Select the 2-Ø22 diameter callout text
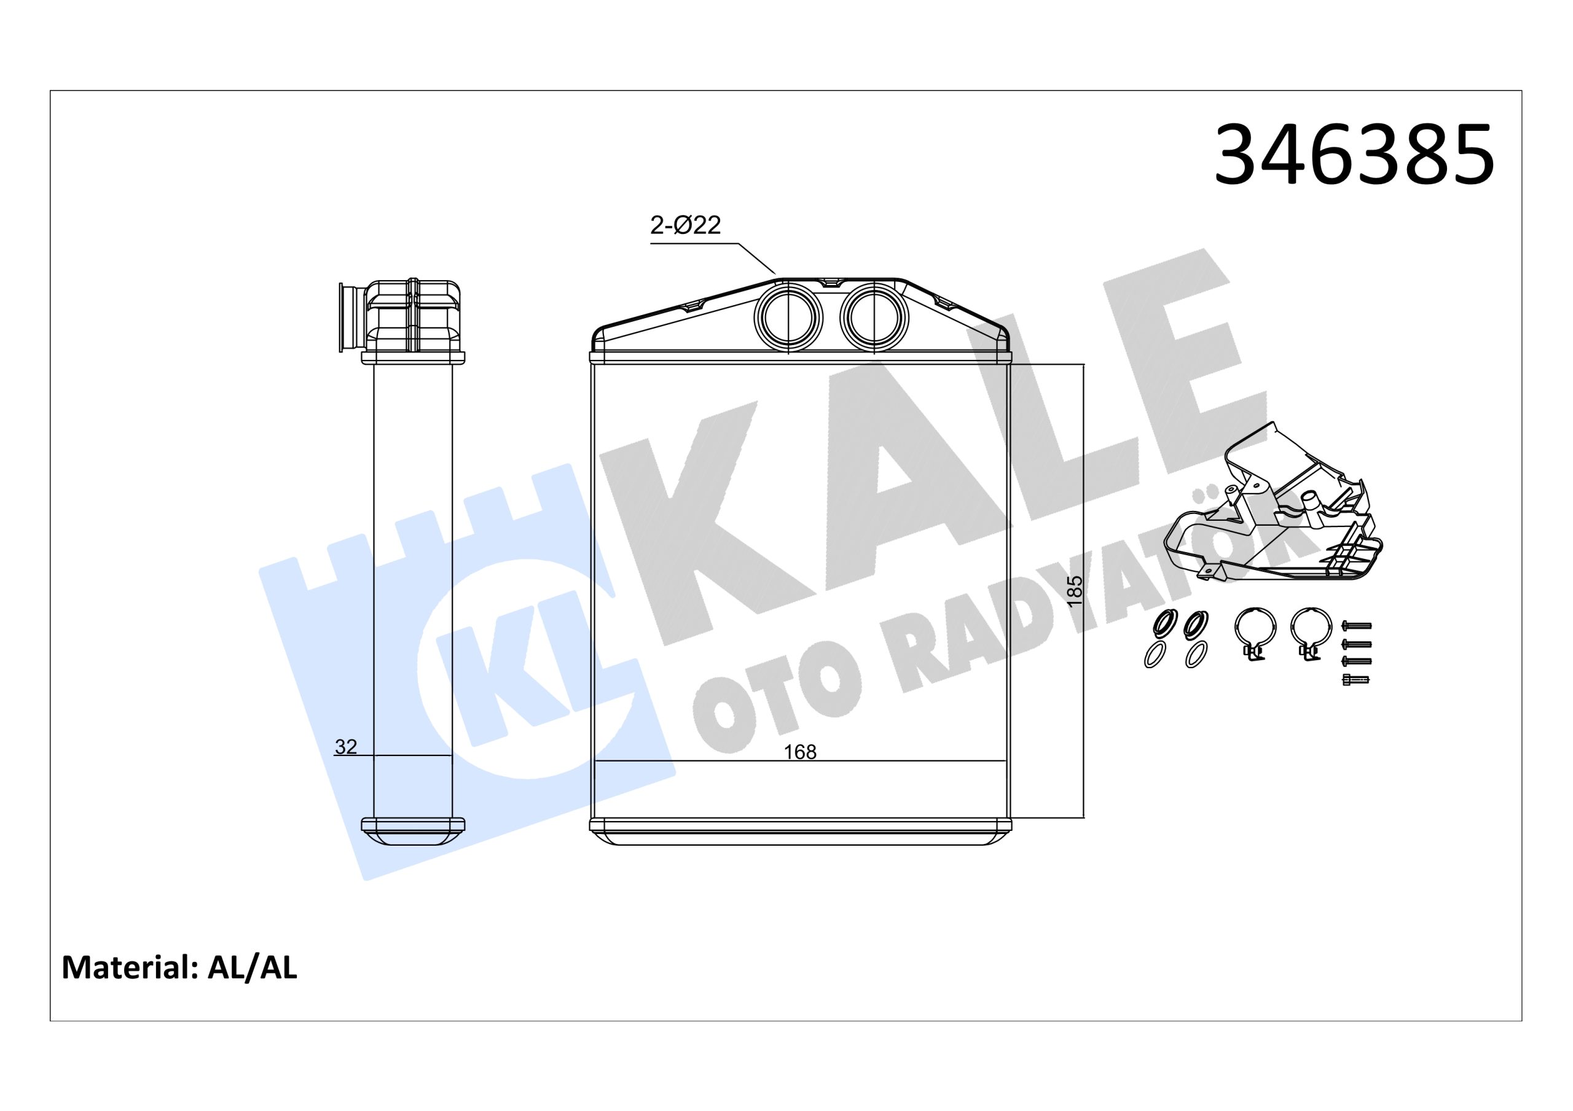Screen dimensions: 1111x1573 tap(685, 225)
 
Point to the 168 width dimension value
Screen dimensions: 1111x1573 tap(799, 752)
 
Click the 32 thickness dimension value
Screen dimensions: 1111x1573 tap(346, 747)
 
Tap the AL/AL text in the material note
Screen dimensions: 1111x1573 tap(252, 968)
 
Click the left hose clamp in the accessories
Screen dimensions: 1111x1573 tap(1255, 630)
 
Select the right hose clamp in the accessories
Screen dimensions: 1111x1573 tap(1311, 630)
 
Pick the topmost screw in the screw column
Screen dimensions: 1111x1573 tap(1356, 625)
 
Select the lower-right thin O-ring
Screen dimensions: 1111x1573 tap(1197, 655)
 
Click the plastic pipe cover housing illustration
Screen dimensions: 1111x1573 tap(1274, 521)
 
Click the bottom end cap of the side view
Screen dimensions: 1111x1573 tap(412, 831)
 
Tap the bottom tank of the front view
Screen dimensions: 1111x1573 tap(800, 832)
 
